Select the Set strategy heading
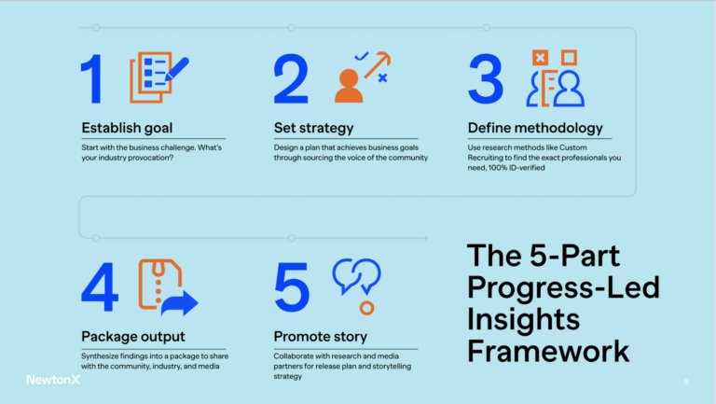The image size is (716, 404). coord(313,128)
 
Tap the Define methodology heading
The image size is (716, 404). coord(535,128)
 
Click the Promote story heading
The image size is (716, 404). coord(320,336)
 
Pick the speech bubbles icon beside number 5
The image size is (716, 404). coord(356,276)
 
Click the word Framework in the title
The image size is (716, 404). coord(548,352)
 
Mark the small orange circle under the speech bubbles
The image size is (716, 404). coord(366,307)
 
